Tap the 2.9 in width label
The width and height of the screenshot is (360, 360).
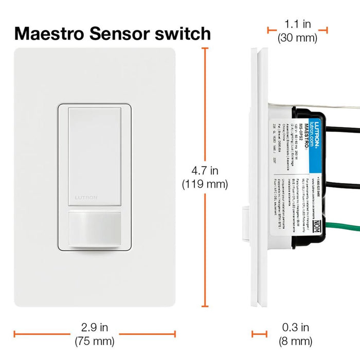click(x=94, y=327)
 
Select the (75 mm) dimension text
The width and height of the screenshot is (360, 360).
click(x=94, y=340)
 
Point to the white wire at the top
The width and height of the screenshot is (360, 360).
click(x=334, y=107)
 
